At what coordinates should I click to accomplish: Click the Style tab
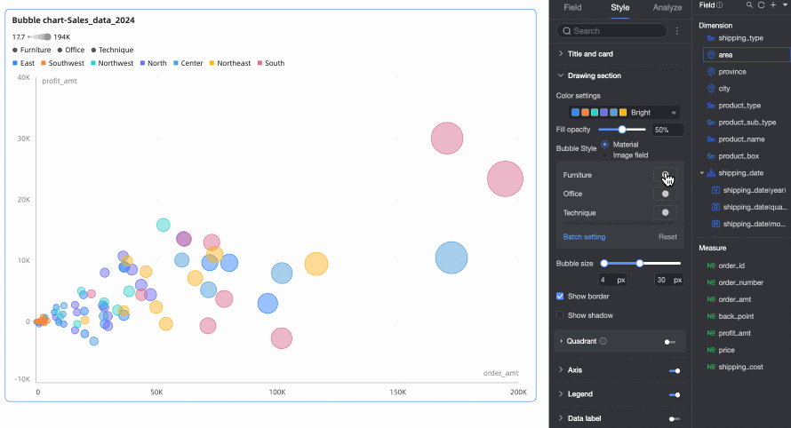pos(619,8)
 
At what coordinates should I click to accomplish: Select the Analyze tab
pos(667,8)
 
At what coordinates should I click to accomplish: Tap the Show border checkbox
pos(560,296)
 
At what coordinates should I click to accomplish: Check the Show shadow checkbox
pos(560,315)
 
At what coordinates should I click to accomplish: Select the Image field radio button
pos(605,155)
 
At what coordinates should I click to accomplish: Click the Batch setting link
pos(584,237)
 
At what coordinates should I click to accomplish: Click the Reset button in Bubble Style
pos(667,237)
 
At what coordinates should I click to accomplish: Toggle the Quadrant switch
pos(669,341)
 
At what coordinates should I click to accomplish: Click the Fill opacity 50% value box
pos(667,130)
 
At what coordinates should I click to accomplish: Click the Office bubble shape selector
pos(665,194)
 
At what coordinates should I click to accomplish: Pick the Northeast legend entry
pos(228,64)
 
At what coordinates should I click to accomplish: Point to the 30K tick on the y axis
pos(22,139)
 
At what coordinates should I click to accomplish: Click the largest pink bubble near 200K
pos(506,179)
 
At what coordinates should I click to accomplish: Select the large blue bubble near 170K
pos(451,258)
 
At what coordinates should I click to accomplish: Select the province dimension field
pos(731,72)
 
